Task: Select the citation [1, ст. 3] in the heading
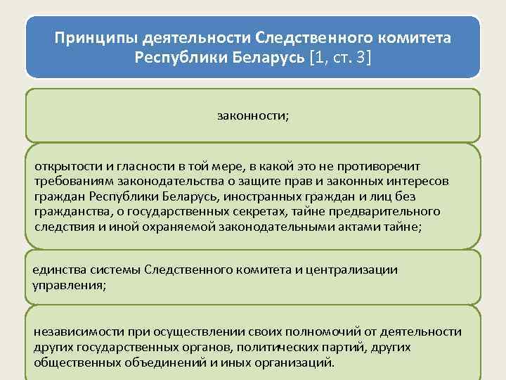click(x=339, y=56)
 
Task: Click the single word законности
click(x=252, y=115)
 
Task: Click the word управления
click(x=65, y=285)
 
